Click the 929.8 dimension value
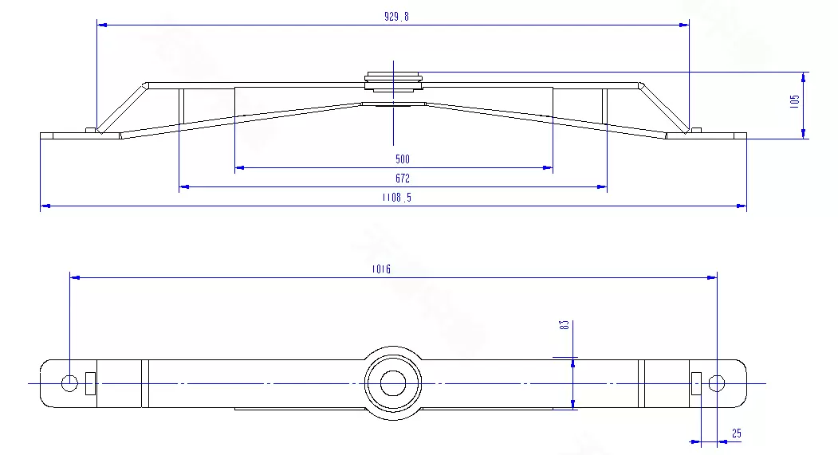coord(396,17)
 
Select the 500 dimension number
coord(403,159)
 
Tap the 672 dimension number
coord(403,178)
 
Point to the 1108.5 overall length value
coord(396,198)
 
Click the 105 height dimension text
coord(795,102)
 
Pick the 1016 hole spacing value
coord(381,269)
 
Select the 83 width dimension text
coord(564,324)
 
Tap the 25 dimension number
coord(737,433)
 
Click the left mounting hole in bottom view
coord(69,383)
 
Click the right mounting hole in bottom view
coord(717,383)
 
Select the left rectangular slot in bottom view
coord(90,383)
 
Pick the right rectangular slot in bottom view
coord(696,383)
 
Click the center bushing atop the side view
coord(393,80)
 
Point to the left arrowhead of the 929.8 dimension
coord(102,25)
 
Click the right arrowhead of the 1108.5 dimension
coord(742,206)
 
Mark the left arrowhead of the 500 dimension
coord(240,167)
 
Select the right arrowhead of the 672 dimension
coord(602,187)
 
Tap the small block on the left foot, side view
coord(90,130)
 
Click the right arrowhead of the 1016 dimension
coord(712,277)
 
